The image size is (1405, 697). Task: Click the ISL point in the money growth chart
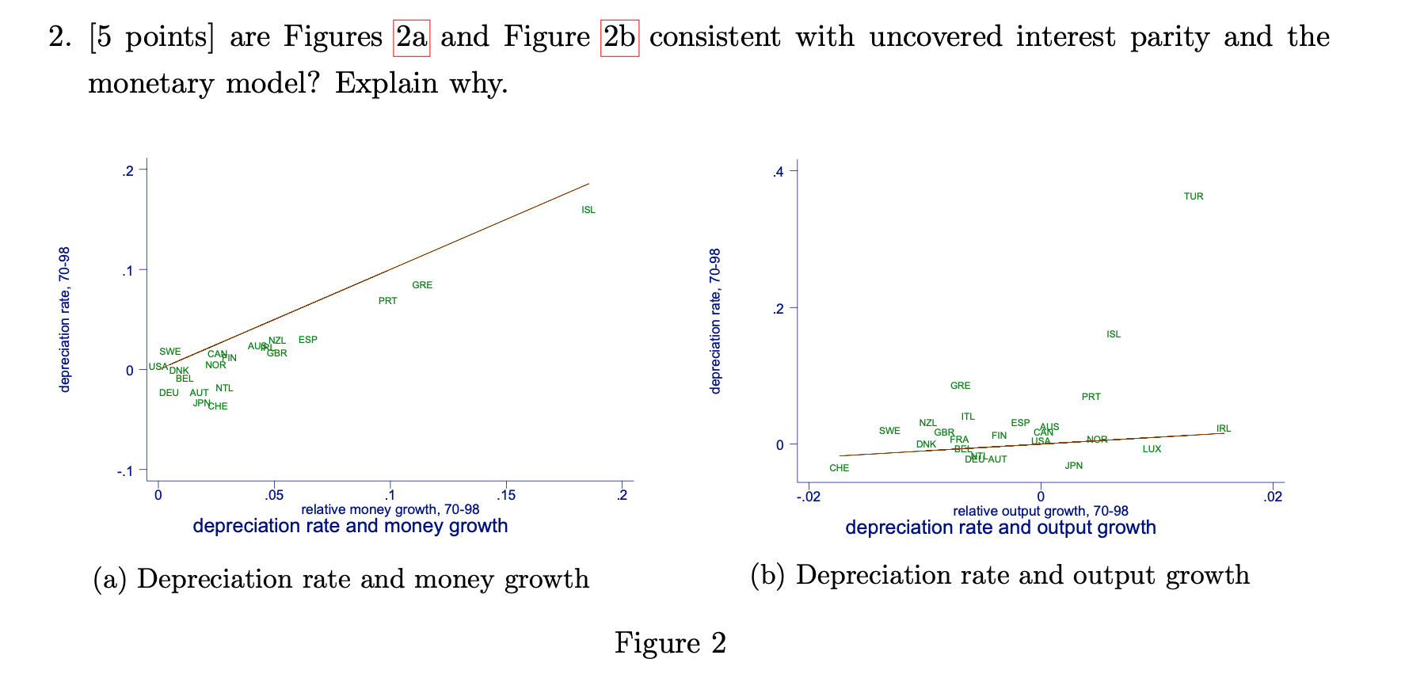tap(588, 210)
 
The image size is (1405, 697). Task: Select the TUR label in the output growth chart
tap(1194, 196)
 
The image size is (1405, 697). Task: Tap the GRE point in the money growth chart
tap(422, 285)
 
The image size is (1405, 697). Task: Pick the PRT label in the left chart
tap(387, 301)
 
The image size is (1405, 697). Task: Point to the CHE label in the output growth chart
tap(839, 468)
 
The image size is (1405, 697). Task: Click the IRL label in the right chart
tap(1224, 428)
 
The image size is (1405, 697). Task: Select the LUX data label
tap(1152, 449)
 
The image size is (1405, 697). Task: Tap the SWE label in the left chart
tap(169, 352)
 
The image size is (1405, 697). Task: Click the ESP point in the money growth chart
tap(308, 340)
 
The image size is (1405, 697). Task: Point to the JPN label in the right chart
tap(1073, 466)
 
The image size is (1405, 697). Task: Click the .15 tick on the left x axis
tap(505, 496)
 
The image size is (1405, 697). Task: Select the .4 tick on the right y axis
tap(778, 172)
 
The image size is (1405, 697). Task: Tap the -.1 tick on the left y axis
tap(125, 471)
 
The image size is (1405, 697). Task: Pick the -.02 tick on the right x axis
tap(809, 497)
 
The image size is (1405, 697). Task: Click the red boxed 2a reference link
tap(411, 37)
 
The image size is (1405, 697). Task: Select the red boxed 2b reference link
tap(619, 37)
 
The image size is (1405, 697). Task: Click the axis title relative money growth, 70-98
tap(390, 509)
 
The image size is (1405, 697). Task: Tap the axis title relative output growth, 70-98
tap(1040, 512)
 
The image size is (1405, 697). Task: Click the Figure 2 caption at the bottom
tap(670, 642)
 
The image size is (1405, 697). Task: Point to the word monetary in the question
tap(150, 82)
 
